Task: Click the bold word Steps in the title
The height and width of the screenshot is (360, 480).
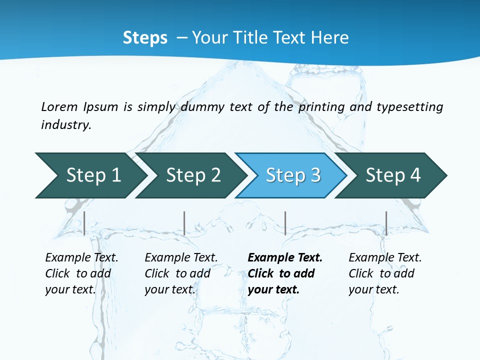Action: pyautogui.click(x=145, y=38)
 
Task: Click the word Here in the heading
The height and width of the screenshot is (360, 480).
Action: pyautogui.click(x=329, y=38)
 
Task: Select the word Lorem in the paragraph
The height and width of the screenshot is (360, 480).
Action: pyautogui.click(x=59, y=107)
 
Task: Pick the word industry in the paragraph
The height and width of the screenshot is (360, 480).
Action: pyautogui.click(x=66, y=125)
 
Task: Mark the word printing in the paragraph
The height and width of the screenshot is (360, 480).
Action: pyautogui.click(x=321, y=107)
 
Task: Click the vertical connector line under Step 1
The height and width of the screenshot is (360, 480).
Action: pyautogui.click(x=84, y=223)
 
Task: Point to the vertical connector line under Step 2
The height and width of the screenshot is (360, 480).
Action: pyautogui.click(x=184, y=223)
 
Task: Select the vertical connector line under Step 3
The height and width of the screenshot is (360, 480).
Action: pyautogui.click(x=285, y=223)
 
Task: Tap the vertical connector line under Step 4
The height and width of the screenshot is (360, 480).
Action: pyautogui.click(x=386, y=223)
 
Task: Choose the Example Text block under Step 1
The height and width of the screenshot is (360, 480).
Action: pyautogui.click(x=81, y=273)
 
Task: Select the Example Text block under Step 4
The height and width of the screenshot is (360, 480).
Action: pyautogui.click(x=385, y=273)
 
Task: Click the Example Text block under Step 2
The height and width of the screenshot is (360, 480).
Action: pyautogui.click(x=181, y=273)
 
